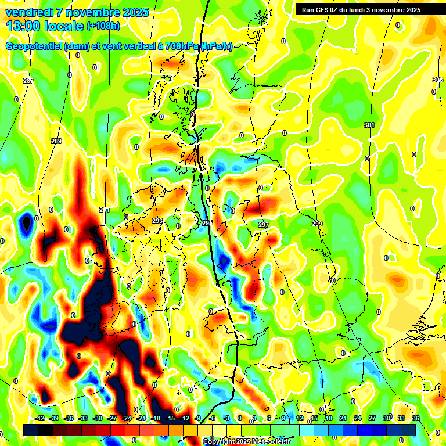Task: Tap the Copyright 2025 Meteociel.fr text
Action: click(x=246, y=442)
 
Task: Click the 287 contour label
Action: click(x=28, y=80)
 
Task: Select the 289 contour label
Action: click(x=56, y=141)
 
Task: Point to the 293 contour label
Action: click(x=157, y=221)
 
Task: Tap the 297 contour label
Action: click(x=264, y=224)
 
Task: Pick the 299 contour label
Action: click(x=316, y=224)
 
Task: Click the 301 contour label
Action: click(x=369, y=125)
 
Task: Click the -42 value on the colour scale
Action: click(x=40, y=418)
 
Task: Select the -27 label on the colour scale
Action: click(x=112, y=418)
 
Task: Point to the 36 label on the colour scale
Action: click(x=415, y=418)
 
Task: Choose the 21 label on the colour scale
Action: click(x=343, y=418)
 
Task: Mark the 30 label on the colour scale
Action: click(x=387, y=418)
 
